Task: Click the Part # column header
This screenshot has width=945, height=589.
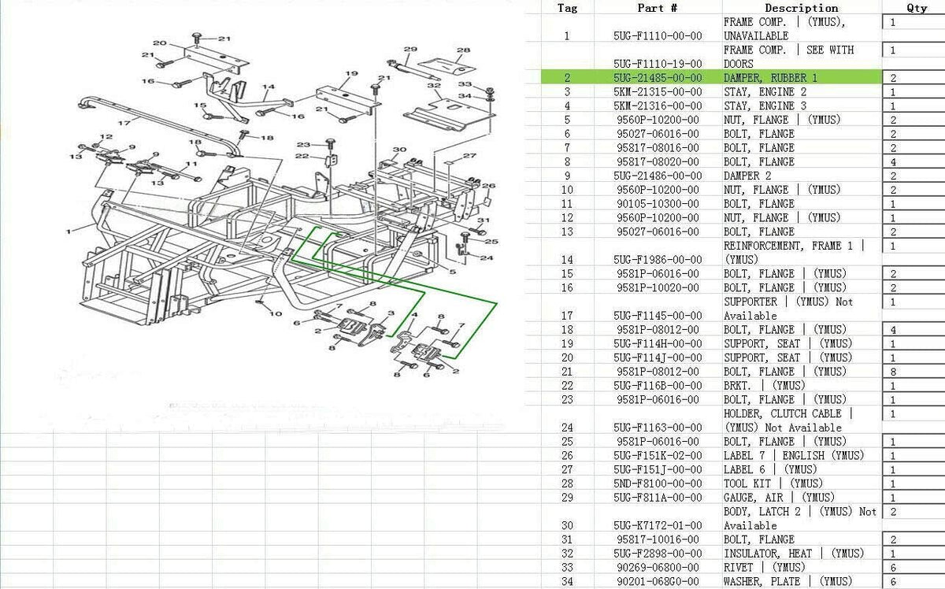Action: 658,8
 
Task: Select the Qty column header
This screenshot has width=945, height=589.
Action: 917,8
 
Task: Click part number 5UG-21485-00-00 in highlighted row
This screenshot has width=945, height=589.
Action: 658,78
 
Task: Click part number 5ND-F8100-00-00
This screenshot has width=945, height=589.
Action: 658,483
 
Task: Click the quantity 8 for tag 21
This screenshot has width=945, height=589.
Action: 893,372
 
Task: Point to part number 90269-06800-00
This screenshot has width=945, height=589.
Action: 658,568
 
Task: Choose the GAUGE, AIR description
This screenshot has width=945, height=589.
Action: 779,498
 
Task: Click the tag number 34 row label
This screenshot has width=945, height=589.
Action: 567,581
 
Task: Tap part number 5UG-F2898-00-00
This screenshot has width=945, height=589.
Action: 658,554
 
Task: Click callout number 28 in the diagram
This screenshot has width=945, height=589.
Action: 463,50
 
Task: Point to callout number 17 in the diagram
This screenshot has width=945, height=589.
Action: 124,123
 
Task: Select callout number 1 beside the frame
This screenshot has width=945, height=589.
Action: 69,232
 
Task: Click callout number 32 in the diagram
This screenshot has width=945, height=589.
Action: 434,85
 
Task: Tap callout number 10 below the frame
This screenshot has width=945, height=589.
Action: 276,313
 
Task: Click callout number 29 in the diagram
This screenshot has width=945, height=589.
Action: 410,49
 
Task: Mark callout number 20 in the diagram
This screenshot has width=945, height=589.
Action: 159,43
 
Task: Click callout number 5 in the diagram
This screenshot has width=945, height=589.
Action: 453,272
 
